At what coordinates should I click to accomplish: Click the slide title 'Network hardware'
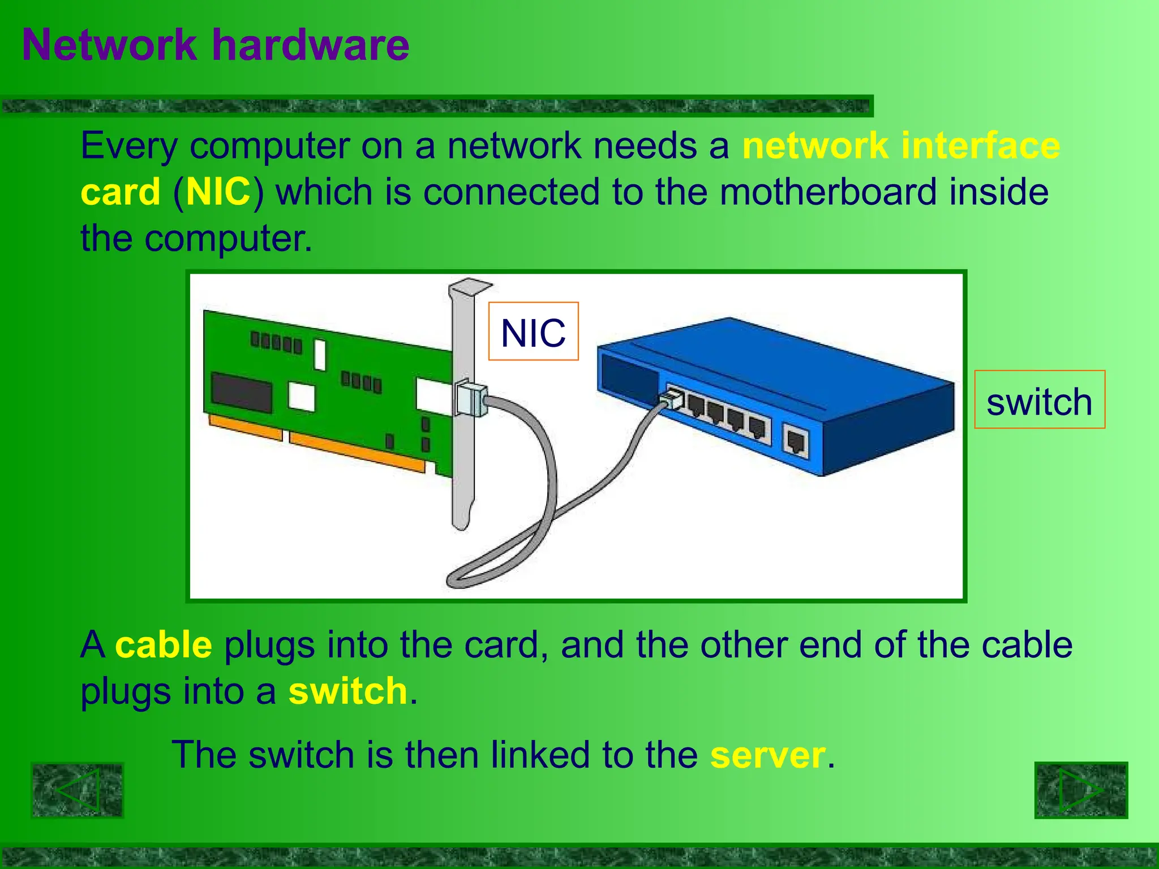tap(216, 45)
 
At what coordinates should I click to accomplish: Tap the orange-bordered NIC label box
tap(533, 332)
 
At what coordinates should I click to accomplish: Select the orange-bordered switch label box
tap(1040, 399)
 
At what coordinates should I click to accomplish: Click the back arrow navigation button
tap(77, 790)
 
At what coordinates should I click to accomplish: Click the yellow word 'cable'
tap(164, 645)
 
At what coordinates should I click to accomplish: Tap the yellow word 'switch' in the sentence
tap(348, 691)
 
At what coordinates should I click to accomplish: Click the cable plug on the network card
tap(471, 398)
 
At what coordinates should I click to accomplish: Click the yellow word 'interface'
tap(981, 145)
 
